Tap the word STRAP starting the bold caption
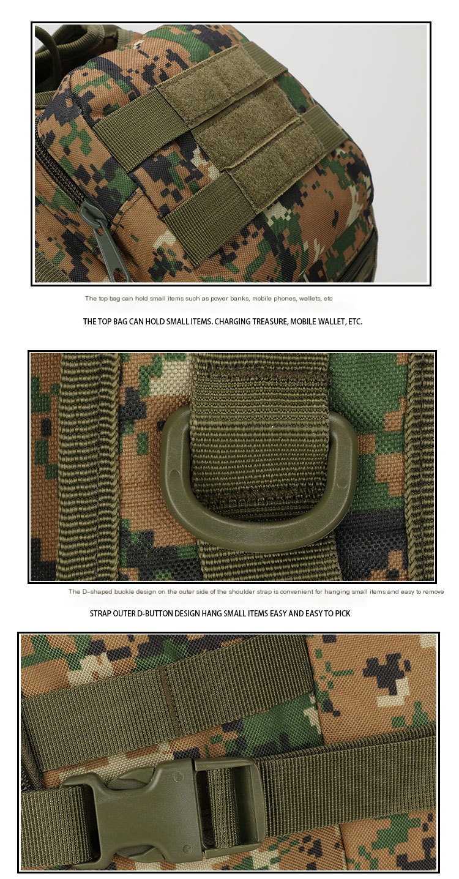[100, 613]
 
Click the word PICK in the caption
[342, 613]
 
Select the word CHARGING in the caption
[231, 321]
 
